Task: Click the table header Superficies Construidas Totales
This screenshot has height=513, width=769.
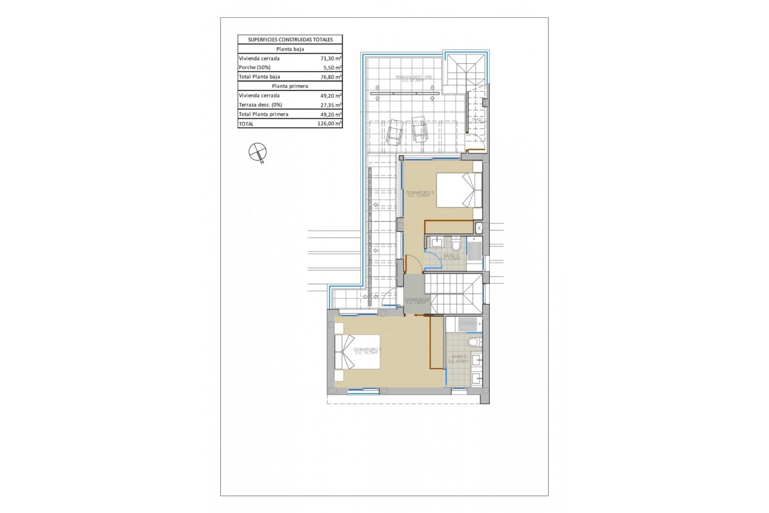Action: coord(290,40)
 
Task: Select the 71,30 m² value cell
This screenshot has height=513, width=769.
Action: coord(331,59)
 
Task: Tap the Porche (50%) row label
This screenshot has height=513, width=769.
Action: coord(255,67)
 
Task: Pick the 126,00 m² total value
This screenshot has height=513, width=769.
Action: coord(330,124)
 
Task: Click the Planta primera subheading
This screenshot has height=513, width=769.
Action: coord(290,86)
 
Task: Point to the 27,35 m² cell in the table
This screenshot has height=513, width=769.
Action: coord(331,105)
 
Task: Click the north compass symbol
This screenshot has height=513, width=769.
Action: coord(258,152)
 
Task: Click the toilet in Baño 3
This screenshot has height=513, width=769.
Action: coord(455,244)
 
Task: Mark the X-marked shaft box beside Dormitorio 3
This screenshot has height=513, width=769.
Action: coord(479,228)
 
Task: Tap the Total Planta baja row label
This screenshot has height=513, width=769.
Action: coord(260,77)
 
